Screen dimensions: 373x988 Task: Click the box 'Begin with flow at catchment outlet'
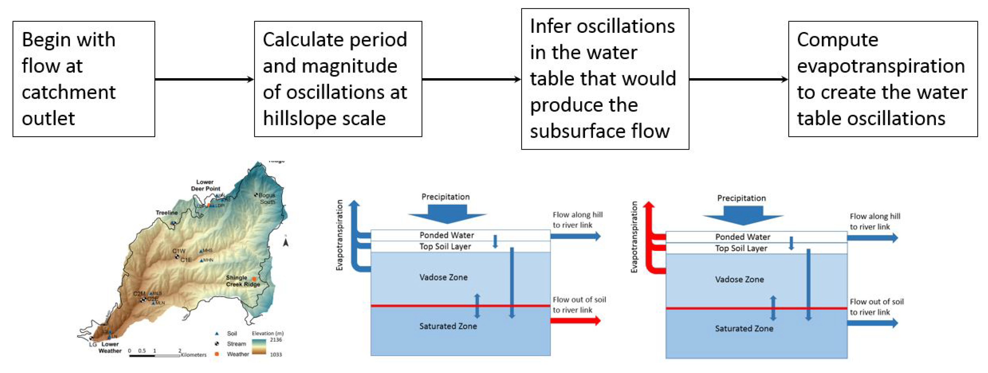point(84,79)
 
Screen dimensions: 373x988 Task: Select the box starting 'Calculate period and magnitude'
point(338,79)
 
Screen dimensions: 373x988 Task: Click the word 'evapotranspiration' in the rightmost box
point(881,66)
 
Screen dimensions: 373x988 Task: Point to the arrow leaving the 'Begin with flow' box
point(204,79)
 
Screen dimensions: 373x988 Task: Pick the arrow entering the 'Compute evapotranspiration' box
point(738,79)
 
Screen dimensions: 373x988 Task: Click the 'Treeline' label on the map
point(166,213)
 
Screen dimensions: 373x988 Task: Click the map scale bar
point(154,356)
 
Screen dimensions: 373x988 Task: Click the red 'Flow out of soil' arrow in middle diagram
point(575,321)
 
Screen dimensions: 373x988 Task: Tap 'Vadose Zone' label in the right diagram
point(739,280)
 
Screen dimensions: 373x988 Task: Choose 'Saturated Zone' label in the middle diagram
point(448,326)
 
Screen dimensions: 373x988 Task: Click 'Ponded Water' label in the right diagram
point(742,237)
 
